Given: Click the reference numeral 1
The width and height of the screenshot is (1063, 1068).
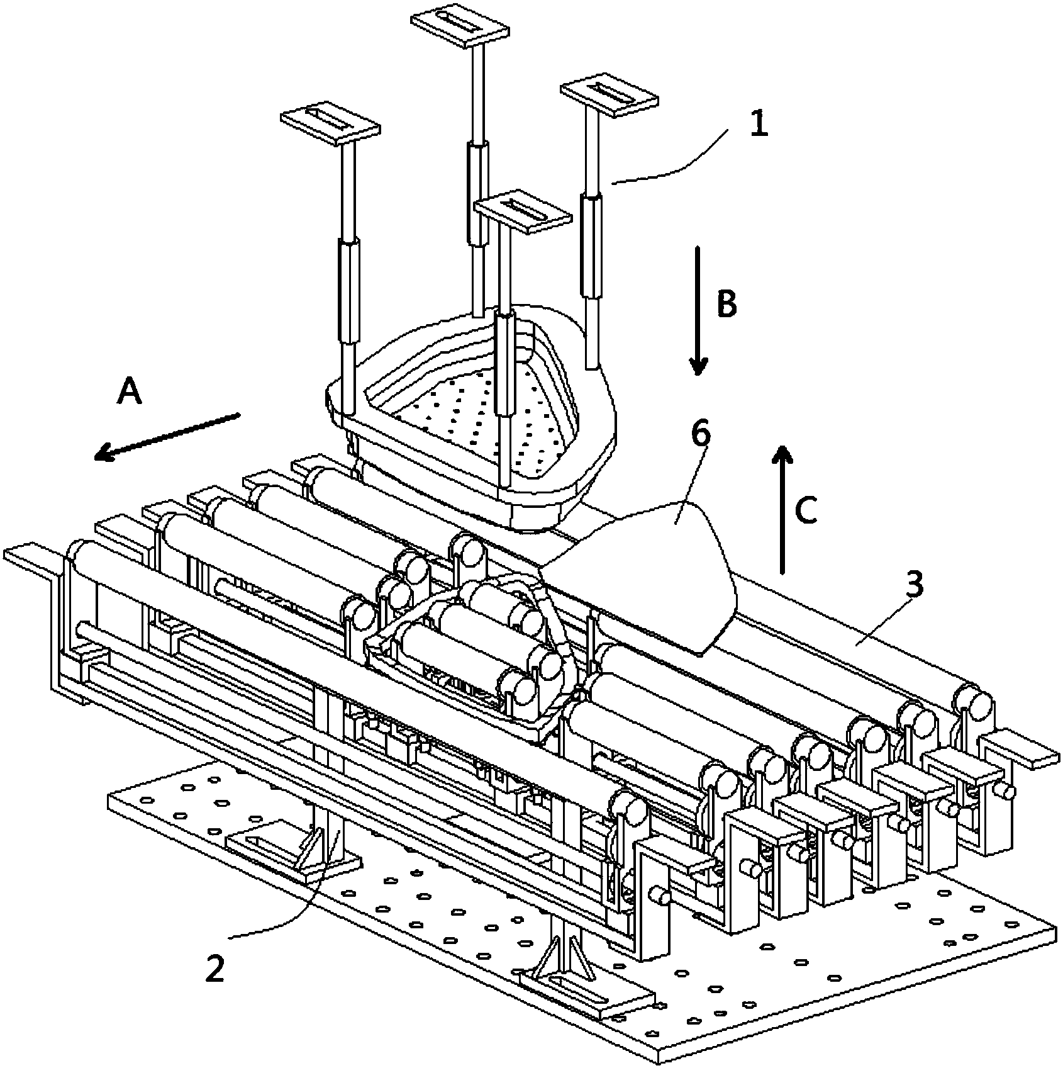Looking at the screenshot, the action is (x=759, y=125).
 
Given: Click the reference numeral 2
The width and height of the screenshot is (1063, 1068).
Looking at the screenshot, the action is (x=214, y=970).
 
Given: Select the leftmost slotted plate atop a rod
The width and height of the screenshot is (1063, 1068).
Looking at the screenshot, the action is (x=331, y=122).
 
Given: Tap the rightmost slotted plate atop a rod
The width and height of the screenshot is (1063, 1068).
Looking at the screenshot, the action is (x=609, y=98).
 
